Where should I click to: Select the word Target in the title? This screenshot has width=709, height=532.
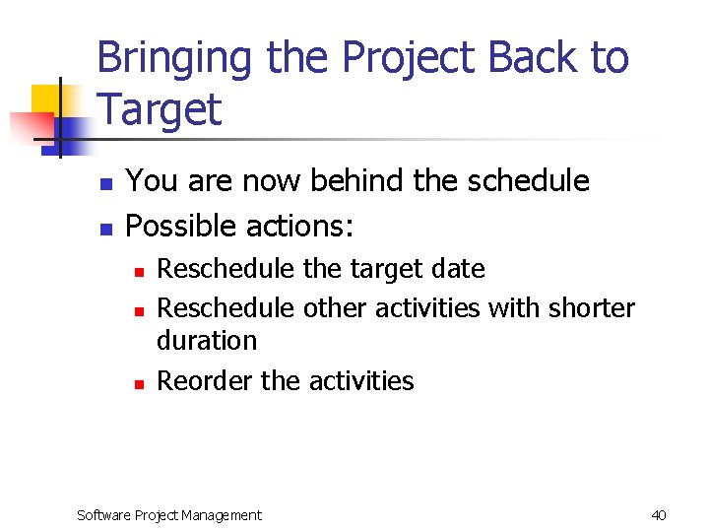click(x=160, y=109)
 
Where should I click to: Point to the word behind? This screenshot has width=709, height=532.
click(x=360, y=181)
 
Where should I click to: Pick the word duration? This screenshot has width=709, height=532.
click(x=207, y=341)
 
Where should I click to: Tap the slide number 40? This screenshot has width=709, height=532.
click(x=659, y=514)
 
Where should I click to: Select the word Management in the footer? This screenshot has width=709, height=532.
click(x=225, y=514)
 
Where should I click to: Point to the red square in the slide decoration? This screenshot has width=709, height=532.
click(x=30, y=126)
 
